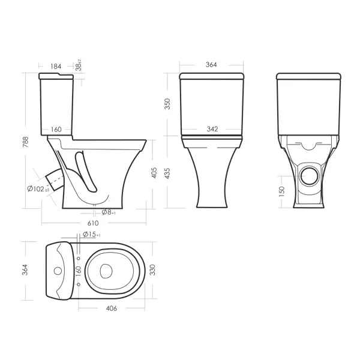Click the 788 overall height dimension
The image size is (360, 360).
click(x=25, y=142)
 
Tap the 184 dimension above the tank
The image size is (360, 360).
click(x=56, y=67)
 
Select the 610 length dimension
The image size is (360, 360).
click(x=93, y=223)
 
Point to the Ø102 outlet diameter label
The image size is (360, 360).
click(x=38, y=189)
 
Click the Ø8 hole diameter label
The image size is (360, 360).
click(x=109, y=212)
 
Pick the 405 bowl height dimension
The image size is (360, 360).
click(x=154, y=173)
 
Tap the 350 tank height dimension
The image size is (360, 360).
click(x=167, y=104)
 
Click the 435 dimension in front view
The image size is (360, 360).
click(x=167, y=173)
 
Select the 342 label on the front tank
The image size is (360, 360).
click(x=212, y=129)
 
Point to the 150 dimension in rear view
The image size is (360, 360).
click(x=281, y=191)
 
